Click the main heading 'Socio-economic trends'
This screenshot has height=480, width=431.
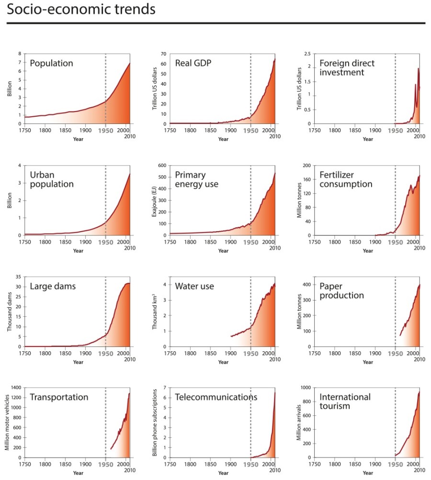[81, 10]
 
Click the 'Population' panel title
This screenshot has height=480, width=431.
[51, 63]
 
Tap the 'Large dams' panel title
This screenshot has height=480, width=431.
[53, 287]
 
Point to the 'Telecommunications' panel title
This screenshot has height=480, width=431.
[216, 397]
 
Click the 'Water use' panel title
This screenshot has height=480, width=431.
[194, 287]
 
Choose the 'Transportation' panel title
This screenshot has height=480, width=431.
[59, 397]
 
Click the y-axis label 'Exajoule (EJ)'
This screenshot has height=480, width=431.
[155, 201]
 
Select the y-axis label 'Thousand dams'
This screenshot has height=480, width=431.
[10, 312]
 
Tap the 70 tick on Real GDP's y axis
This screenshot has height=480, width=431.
[163, 54]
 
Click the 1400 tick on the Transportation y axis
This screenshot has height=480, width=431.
[16, 388]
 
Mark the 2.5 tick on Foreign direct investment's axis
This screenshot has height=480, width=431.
[307, 54]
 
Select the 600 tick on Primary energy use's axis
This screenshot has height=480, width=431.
[162, 166]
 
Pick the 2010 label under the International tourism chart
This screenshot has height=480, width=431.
[419, 471]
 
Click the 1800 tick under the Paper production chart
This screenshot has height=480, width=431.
[334, 354]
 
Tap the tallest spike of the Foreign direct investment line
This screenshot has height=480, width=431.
[418, 68]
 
